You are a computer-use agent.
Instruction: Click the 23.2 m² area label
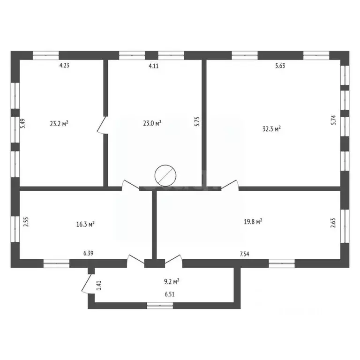point(59,124)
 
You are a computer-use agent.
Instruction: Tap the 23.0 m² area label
point(152,123)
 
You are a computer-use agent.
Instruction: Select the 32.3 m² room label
point(271,128)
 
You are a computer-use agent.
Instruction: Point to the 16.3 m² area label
point(86,224)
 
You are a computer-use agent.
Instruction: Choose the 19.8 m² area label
point(252,221)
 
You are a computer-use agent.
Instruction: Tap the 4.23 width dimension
point(64,66)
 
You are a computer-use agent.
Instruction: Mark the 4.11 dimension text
point(154,66)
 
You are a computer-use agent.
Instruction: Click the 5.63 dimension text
point(280,66)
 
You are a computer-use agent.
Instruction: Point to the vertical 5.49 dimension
point(22,124)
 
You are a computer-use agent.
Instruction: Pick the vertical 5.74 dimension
point(333,120)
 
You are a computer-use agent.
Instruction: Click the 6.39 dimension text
point(89,254)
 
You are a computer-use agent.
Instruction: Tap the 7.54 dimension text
point(244,254)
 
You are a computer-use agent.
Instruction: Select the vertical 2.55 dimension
point(26,221)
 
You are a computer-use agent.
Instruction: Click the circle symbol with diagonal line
point(165,176)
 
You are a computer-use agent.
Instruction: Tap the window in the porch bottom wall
point(160,306)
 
